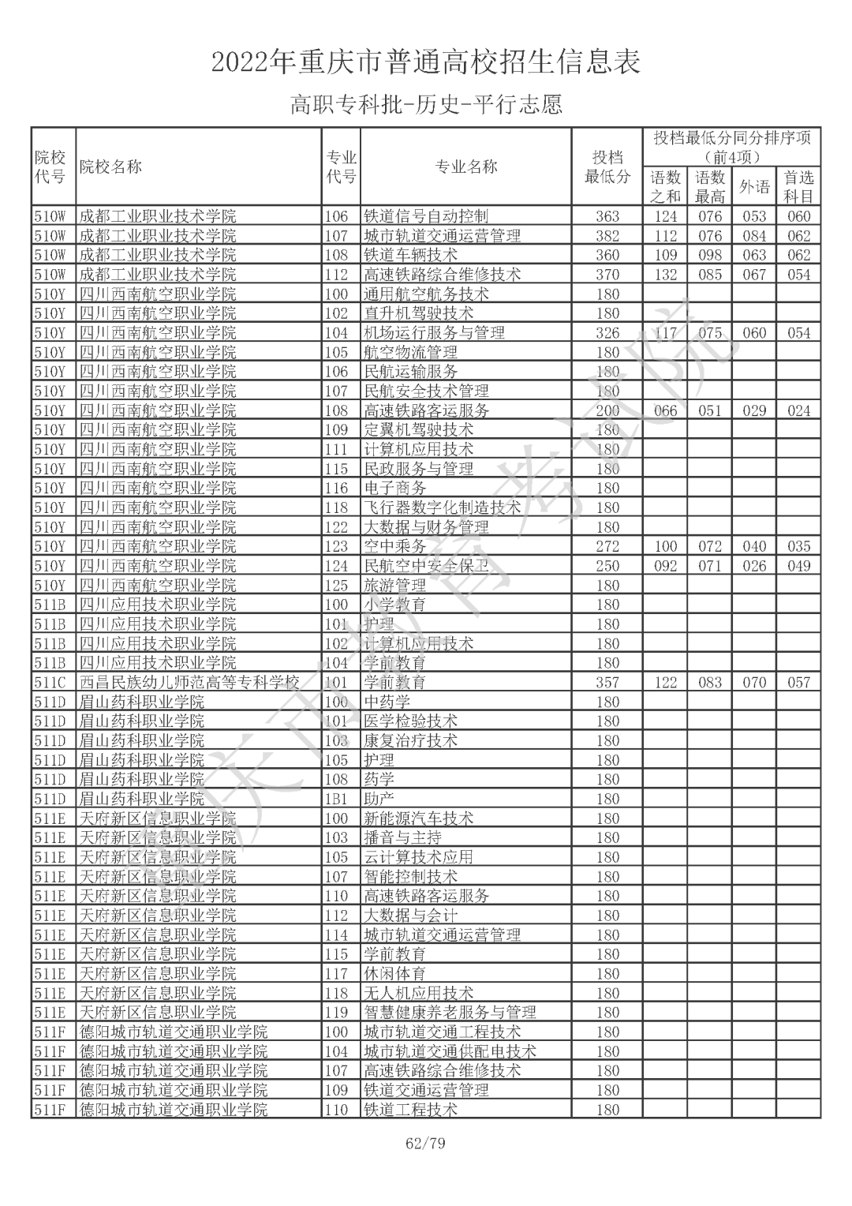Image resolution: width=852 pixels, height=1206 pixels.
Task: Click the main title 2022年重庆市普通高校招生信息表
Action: pos(426,62)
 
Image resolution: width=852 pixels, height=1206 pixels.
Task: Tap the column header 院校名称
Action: pos(111,167)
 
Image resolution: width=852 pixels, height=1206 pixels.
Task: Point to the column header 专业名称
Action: pos(465,167)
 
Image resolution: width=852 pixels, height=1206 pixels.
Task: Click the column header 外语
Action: pos(754,187)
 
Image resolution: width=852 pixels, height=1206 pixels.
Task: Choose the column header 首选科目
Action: pos(798,187)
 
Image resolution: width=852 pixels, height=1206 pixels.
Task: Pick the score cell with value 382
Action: pos(607,236)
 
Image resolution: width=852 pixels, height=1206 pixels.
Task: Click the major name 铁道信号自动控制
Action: pos(426,216)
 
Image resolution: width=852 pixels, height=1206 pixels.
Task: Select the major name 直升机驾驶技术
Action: pos(418,313)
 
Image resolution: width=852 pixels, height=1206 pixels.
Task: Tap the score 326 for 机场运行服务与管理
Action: pos(607,333)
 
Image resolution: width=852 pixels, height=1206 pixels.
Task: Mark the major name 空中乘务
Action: pos(394,546)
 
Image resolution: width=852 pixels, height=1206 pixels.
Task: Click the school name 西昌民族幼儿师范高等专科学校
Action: pos(189,683)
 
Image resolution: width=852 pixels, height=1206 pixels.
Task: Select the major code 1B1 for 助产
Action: pos(336,799)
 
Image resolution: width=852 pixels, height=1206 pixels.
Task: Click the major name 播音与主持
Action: pos(402,838)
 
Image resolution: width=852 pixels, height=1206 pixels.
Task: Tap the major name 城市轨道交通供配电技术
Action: pos(450,1051)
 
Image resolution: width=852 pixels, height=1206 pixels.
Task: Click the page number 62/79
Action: pos(425,1143)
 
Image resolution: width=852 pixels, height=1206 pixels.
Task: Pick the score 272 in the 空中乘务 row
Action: pos(607,546)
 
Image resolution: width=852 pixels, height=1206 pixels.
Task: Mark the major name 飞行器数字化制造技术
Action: pos(442,507)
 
